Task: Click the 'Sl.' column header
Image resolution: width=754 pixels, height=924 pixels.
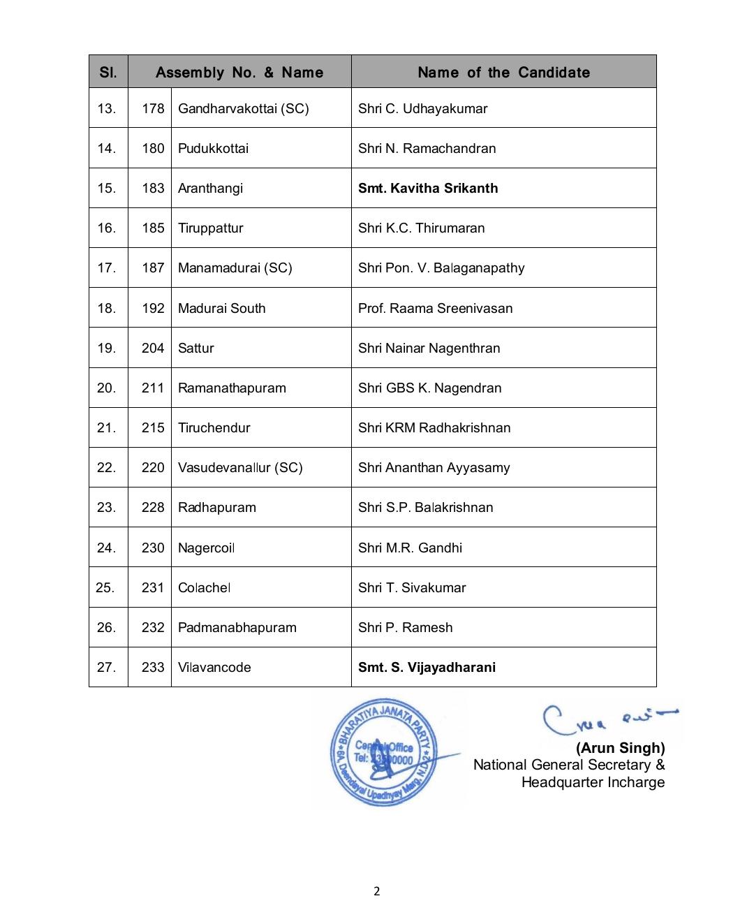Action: [108, 72]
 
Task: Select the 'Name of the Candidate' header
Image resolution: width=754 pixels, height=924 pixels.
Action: [503, 72]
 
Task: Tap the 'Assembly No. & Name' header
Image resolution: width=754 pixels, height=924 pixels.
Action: [239, 72]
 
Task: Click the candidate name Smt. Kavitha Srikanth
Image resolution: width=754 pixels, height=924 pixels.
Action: [428, 188]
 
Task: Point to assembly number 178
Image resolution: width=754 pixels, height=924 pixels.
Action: [153, 108]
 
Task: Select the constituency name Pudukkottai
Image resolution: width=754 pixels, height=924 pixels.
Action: [213, 148]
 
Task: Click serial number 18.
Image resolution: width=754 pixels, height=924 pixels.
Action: [107, 308]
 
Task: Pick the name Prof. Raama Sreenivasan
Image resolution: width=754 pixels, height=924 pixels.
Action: [435, 308]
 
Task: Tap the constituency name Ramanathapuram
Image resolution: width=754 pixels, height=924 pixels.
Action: [232, 388]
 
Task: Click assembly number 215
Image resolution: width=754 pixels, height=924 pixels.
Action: [153, 427]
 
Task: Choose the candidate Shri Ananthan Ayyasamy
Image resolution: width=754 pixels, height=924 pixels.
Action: [434, 467]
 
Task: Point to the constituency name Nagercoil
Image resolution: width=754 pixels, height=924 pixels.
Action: [206, 548]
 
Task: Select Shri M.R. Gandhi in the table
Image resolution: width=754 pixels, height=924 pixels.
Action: [410, 548]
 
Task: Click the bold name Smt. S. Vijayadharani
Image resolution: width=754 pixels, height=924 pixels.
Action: [427, 667]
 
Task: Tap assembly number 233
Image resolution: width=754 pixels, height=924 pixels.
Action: [153, 667]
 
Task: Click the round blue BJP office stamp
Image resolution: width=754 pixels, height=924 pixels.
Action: [383, 752]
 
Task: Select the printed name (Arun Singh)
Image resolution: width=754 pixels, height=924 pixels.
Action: [620, 748]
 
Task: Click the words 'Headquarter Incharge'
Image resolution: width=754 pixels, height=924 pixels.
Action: [593, 782]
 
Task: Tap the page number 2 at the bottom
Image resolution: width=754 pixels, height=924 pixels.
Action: [377, 890]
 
